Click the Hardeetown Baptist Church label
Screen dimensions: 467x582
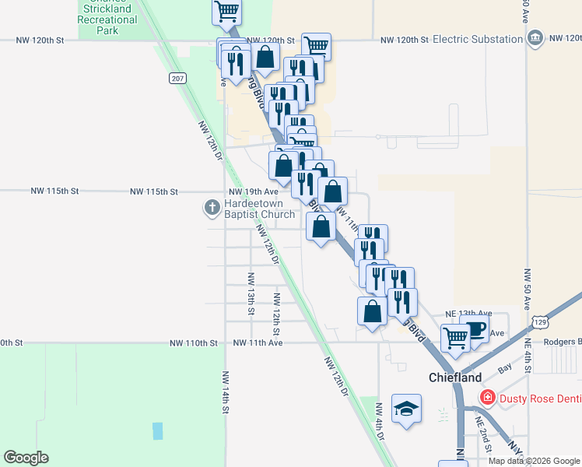point(259,209)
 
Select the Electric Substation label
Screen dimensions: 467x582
point(477,39)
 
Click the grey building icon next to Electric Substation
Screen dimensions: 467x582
point(535,38)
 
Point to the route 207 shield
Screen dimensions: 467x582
point(177,78)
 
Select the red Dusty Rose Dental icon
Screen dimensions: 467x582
point(488,398)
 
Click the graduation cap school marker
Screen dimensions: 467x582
point(406,409)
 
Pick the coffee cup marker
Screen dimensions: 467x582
point(474,328)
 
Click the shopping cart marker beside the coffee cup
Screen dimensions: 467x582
point(454,338)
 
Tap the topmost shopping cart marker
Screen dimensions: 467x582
point(226,11)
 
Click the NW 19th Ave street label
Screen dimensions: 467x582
point(254,191)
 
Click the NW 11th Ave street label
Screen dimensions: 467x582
point(256,342)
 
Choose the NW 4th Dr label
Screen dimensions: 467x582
point(380,421)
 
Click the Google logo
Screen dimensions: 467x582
point(26,458)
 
